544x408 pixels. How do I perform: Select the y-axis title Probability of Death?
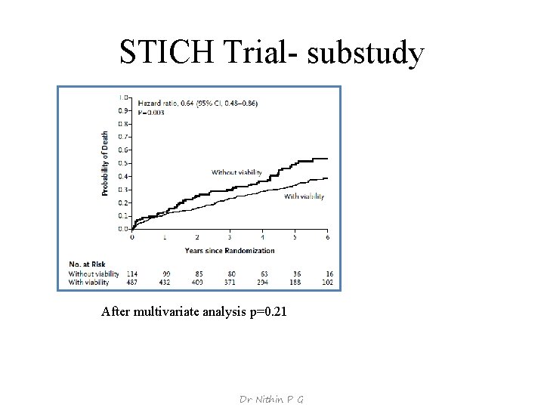pyautogui.click(x=105, y=164)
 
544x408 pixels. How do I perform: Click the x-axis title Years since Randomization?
pyautogui.click(x=230, y=250)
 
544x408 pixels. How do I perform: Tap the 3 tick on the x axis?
pyautogui.click(x=230, y=237)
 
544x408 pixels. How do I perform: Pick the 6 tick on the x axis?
pyautogui.click(x=328, y=237)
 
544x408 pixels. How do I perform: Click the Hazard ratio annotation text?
pyautogui.click(x=187, y=103)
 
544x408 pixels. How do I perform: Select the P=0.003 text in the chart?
pyautogui.click(x=150, y=111)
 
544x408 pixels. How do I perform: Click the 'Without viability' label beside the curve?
pyautogui.click(x=236, y=172)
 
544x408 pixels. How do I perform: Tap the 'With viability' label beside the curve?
pyautogui.click(x=303, y=196)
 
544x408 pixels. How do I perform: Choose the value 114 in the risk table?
pyautogui.click(x=133, y=274)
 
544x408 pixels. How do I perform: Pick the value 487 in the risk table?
pyautogui.click(x=133, y=282)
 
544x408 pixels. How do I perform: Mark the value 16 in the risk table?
pyautogui.click(x=329, y=274)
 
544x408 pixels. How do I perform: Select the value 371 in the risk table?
pyautogui.click(x=230, y=282)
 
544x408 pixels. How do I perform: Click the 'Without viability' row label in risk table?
pyautogui.click(x=94, y=274)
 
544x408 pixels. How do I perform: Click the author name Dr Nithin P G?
pyautogui.click(x=271, y=399)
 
